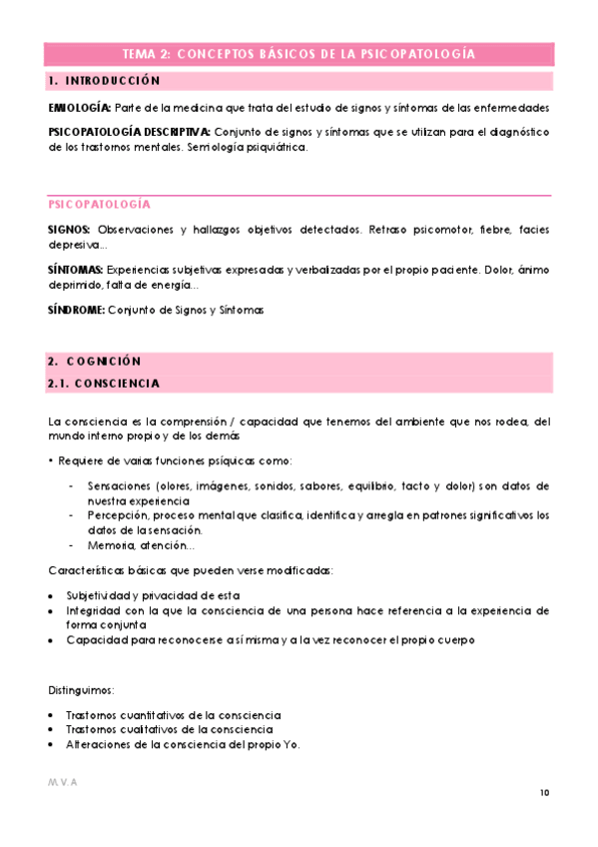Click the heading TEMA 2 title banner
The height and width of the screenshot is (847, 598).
point(298,54)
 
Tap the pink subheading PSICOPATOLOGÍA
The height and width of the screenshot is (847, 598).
point(100,204)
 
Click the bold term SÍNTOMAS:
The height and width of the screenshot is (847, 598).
point(76,271)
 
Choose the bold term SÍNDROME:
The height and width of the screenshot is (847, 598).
point(76,311)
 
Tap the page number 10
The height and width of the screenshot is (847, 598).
point(544,793)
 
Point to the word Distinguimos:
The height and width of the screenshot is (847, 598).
point(81,690)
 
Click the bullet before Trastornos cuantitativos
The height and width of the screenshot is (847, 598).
point(52,716)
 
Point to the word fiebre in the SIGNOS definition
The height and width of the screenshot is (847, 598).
point(481,230)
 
